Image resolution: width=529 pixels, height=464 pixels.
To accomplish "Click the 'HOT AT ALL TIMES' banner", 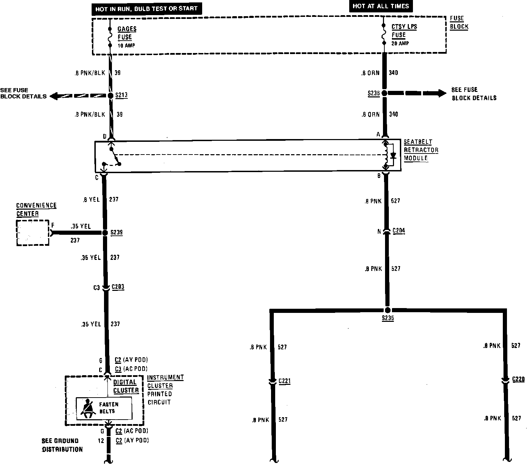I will tap(381, 6).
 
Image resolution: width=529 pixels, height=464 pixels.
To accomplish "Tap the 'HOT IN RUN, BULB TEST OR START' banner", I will tap(146, 9).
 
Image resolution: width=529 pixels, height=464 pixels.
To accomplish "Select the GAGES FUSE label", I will tap(126, 33).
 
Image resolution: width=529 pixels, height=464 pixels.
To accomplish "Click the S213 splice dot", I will tap(111, 96).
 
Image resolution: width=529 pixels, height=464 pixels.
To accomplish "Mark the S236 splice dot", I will tap(384, 93).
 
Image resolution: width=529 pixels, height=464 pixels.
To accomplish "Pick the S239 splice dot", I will tap(105, 233).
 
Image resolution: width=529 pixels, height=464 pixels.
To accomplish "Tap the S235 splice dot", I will tap(387, 309).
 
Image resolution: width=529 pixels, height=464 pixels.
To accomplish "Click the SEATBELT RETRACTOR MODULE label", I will tap(421, 150).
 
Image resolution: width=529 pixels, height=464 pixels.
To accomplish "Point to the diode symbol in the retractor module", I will tap(393, 156).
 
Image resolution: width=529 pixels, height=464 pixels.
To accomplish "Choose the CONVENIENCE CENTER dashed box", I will tap(33, 233).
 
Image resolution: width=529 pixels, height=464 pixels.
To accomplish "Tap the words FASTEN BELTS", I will tap(108, 408).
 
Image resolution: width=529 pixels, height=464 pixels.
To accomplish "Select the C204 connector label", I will tap(398, 231).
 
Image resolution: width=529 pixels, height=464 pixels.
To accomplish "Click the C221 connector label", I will tap(284, 381).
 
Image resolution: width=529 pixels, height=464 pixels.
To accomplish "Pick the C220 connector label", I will tap(518, 379).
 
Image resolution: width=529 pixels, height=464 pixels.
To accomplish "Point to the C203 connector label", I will tap(118, 287).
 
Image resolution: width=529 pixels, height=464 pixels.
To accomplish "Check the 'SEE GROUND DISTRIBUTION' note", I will tap(62, 445).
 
